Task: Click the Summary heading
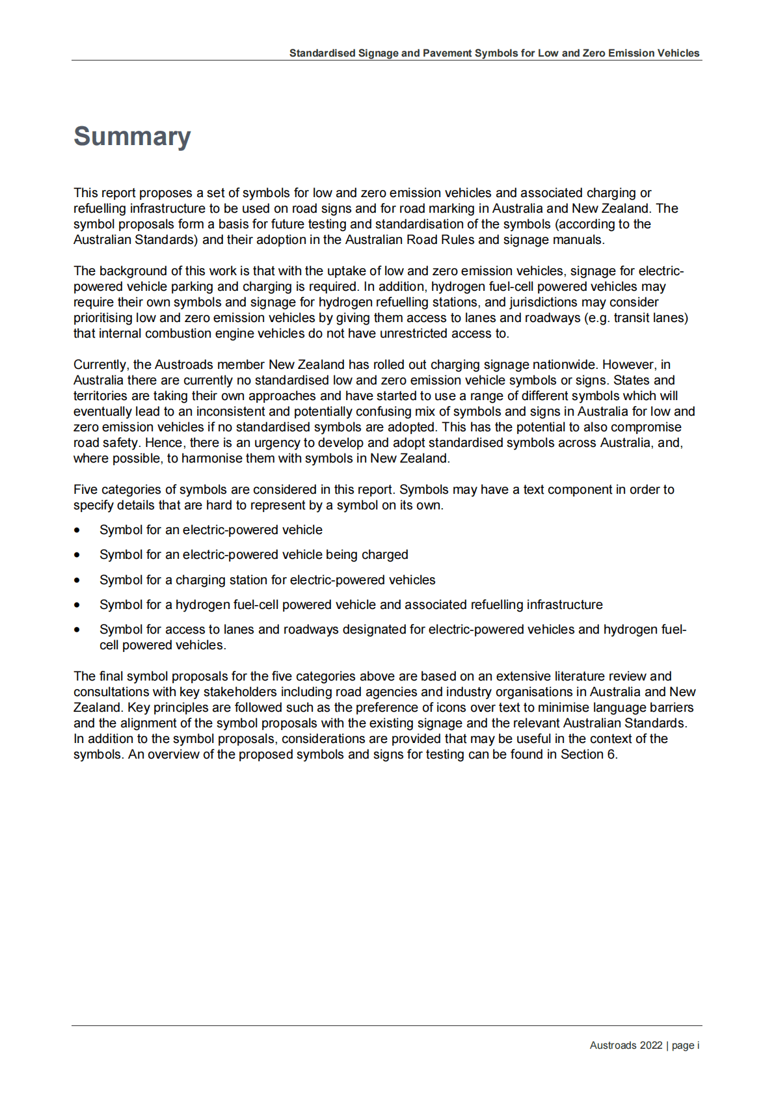(x=132, y=137)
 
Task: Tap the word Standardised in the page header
(x=322, y=53)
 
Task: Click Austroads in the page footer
(x=613, y=1046)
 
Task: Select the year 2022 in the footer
(x=650, y=1046)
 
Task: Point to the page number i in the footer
(x=698, y=1046)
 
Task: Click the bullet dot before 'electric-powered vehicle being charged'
(x=77, y=556)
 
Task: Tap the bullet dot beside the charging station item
(x=77, y=580)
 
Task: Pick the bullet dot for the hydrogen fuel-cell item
(x=77, y=605)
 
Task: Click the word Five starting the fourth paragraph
(x=86, y=490)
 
